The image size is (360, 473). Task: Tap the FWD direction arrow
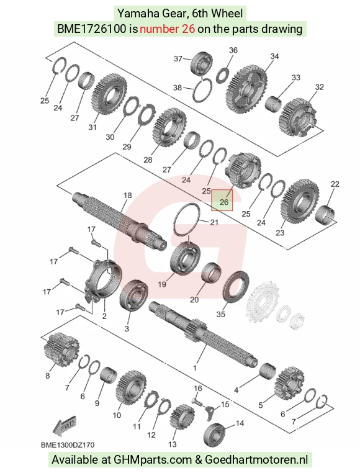pos(64,426)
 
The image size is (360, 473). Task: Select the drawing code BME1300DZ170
pos(68,444)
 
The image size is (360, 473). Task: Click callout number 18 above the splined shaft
pos(128,195)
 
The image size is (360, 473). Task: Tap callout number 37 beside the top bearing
pos(178,58)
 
